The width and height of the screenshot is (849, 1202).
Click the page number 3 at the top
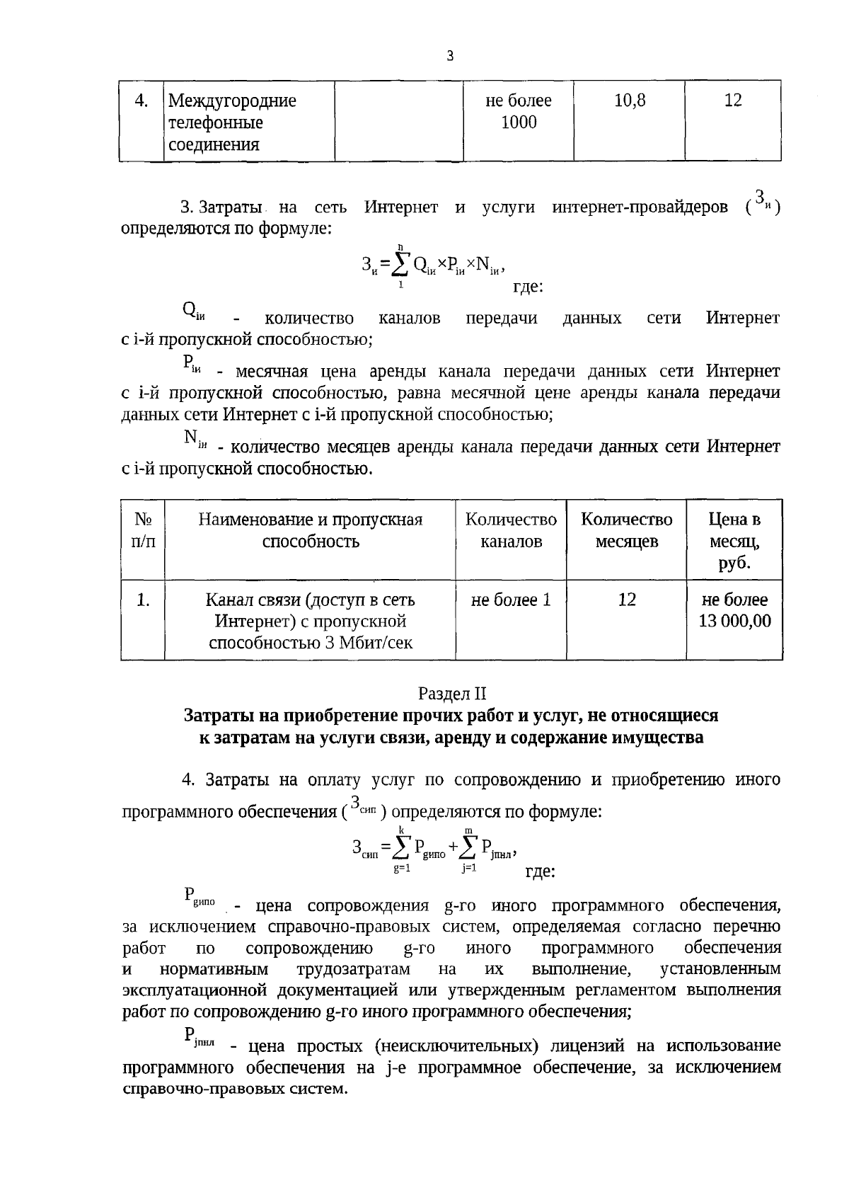[x=449, y=56]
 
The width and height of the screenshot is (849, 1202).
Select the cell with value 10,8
[x=629, y=101]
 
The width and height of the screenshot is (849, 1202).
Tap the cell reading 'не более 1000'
[x=518, y=111]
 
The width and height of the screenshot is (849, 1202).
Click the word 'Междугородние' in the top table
[x=232, y=101]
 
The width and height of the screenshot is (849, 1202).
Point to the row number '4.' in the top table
[x=141, y=101]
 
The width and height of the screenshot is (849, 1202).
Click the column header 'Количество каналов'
[x=511, y=530]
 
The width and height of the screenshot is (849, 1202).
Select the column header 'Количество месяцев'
[x=626, y=530]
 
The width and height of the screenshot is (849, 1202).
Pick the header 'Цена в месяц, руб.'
[x=734, y=541]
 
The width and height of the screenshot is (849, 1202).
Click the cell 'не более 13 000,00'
[x=734, y=610]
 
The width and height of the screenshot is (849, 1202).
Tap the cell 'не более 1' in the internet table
[x=511, y=600]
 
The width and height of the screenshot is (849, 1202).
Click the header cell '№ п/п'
[x=143, y=530]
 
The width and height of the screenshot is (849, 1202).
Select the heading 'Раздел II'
[x=452, y=693]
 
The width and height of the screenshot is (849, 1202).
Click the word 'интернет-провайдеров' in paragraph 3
[x=640, y=207]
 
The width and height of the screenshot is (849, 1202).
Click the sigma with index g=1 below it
[x=402, y=847]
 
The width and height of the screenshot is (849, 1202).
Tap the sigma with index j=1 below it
[x=469, y=847]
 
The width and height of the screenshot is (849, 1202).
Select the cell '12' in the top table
[x=733, y=101]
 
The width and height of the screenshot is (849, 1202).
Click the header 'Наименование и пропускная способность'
[x=310, y=530]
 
